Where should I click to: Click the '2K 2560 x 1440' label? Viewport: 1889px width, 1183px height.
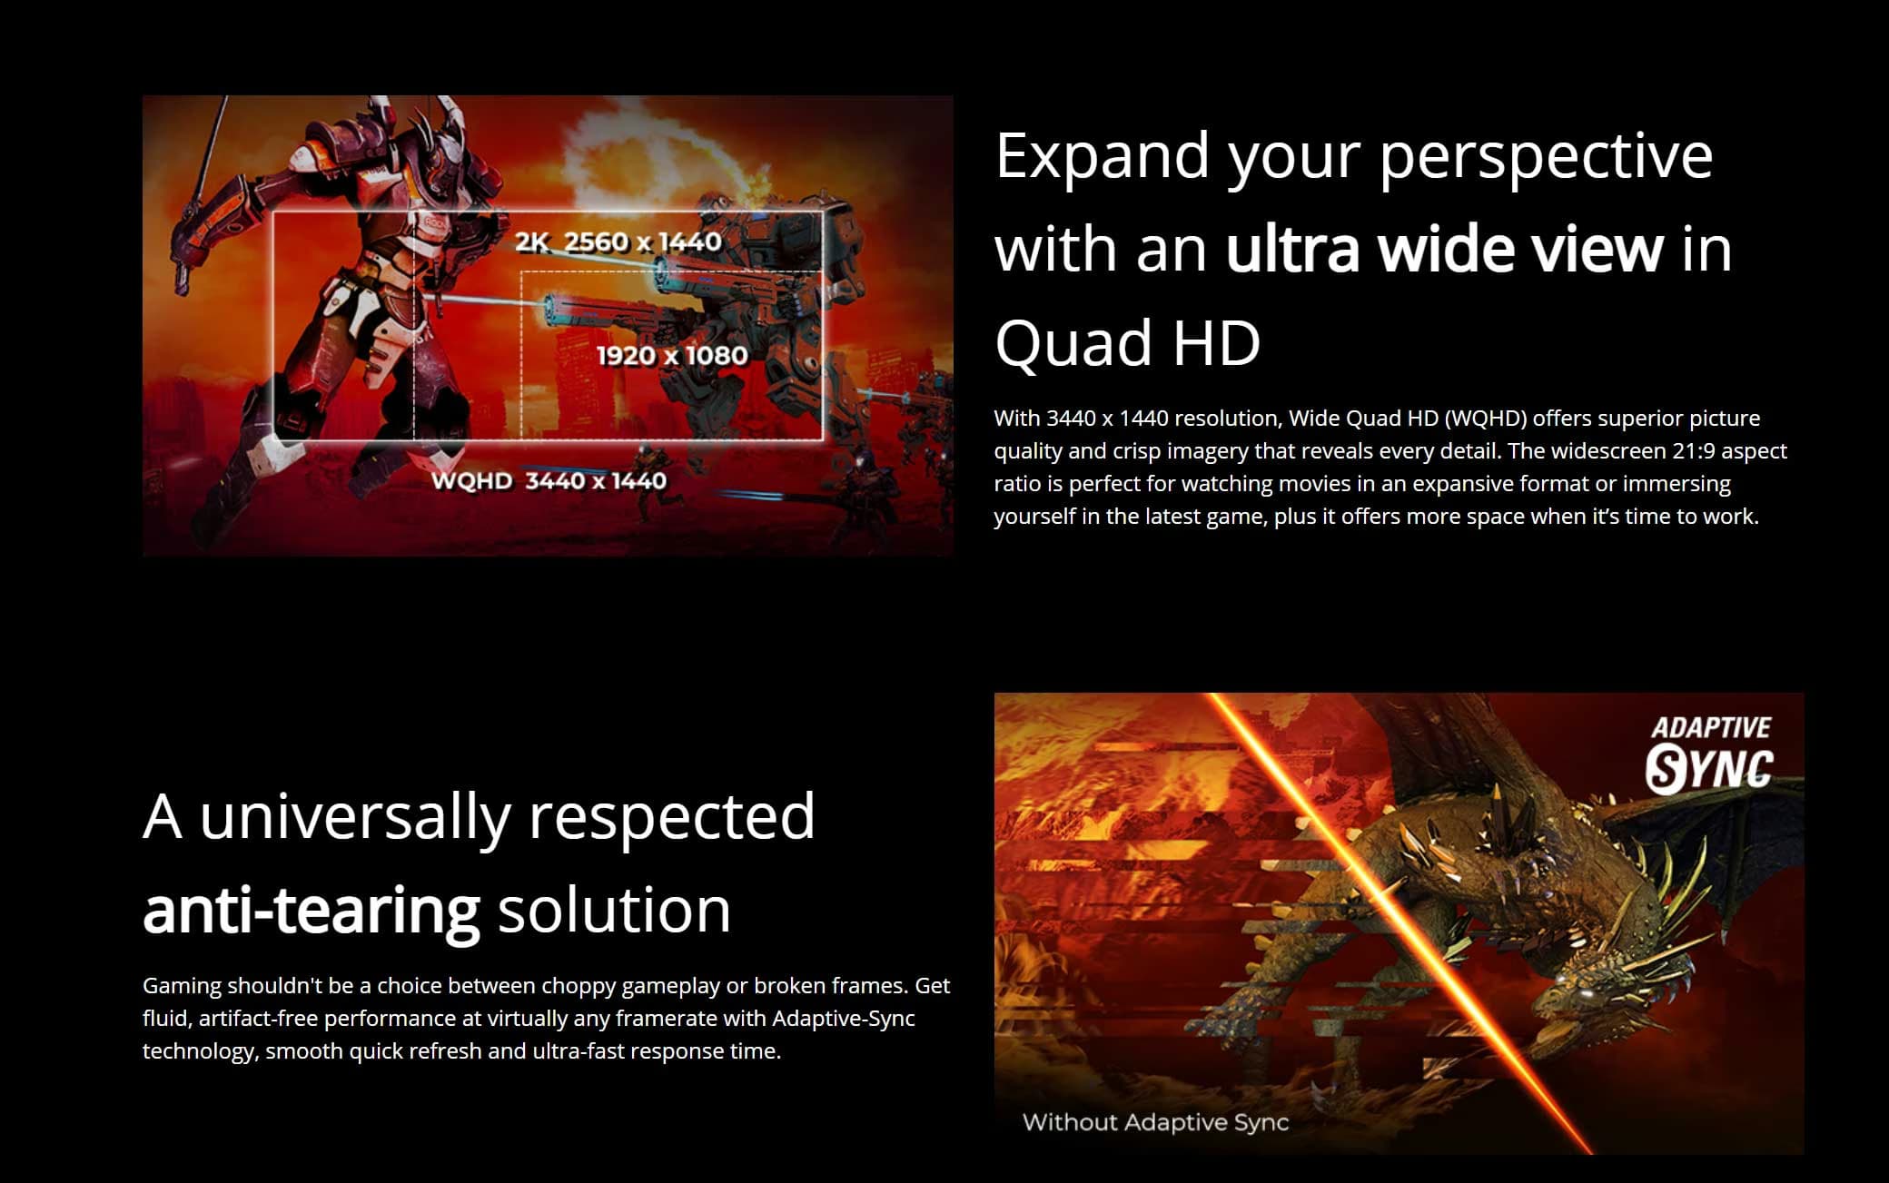(x=618, y=242)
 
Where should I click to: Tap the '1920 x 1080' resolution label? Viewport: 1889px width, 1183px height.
(x=672, y=355)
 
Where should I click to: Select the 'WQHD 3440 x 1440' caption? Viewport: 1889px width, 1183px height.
(x=549, y=480)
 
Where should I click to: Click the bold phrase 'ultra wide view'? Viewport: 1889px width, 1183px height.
(x=1445, y=249)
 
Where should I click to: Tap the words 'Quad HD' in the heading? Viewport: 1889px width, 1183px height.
(x=1128, y=343)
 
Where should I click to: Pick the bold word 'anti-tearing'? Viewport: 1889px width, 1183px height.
(x=312, y=910)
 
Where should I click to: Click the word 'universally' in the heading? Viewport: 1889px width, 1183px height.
(x=355, y=817)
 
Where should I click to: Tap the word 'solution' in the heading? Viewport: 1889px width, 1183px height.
(x=615, y=910)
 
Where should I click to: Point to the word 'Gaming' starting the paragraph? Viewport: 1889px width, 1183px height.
(x=183, y=986)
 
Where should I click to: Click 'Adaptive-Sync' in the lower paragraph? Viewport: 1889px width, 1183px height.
(x=844, y=1018)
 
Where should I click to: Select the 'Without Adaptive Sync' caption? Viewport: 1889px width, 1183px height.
(x=1156, y=1122)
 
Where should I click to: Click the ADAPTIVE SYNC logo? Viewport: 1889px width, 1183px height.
(x=1709, y=754)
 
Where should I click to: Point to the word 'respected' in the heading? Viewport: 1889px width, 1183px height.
(x=672, y=817)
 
